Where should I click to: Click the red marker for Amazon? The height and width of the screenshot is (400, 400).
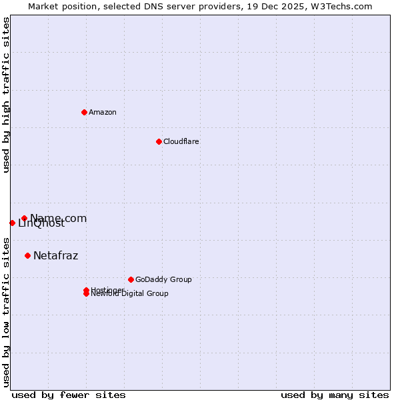[84, 112]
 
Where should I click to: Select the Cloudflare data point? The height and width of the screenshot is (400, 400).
[159, 141]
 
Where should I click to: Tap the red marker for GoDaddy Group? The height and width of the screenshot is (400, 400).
[131, 279]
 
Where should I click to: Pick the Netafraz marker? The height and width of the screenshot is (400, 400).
[27, 255]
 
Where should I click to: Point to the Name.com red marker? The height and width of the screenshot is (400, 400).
[24, 218]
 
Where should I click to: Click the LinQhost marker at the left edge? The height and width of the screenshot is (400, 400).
[12, 223]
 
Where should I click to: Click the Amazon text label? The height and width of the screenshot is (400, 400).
[102, 112]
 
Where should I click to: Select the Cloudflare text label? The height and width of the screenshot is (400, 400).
[181, 141]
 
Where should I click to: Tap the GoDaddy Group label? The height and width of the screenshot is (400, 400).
[163, 279]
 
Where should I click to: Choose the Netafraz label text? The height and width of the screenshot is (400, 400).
[55, 255]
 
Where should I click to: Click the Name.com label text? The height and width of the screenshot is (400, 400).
[58, 218]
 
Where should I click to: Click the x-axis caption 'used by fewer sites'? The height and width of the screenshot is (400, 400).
[68, 395]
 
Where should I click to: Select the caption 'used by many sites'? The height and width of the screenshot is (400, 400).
[335, 395]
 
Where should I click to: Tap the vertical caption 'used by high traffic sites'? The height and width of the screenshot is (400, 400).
[6, 94]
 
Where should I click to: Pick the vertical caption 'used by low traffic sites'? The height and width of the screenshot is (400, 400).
[6, 311]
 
